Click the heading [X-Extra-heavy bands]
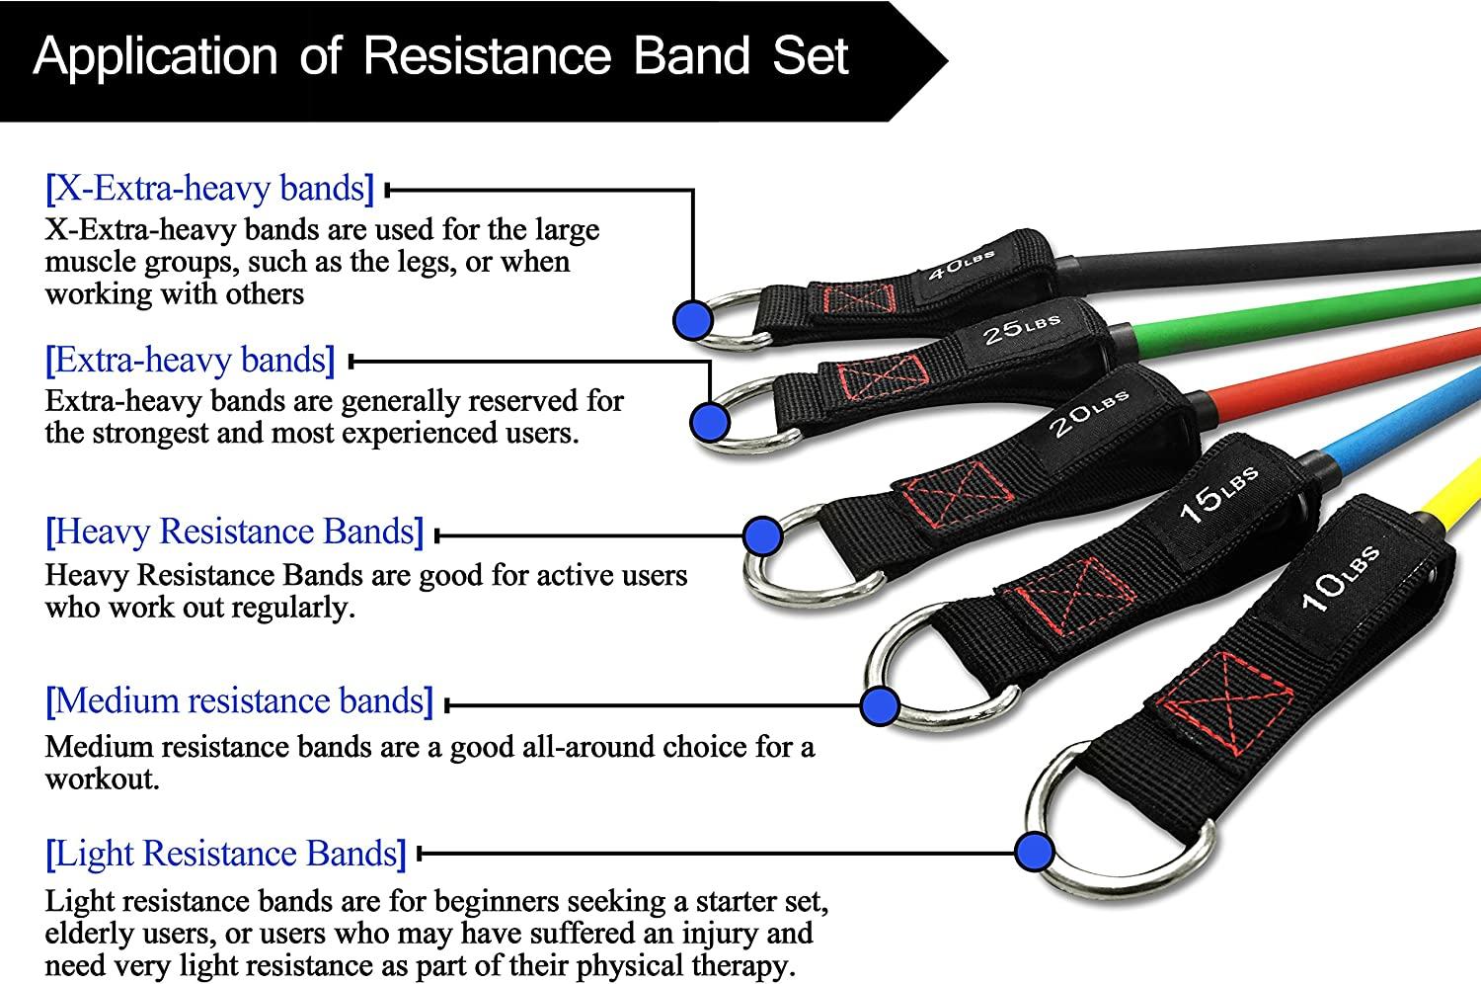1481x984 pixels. (209, 188)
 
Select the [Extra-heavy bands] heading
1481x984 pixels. (191, 360)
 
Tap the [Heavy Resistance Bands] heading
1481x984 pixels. (234, 532)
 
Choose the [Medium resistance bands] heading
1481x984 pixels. (239, 701)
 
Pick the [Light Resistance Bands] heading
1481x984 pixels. (226, 854)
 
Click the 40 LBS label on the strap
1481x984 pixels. (962, 266)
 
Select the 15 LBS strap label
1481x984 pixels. (1218, 493)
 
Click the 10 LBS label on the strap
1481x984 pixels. (1340, 578)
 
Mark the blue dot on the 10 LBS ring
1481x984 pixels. (1033, 851)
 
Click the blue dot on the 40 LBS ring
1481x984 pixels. (693, 318)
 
